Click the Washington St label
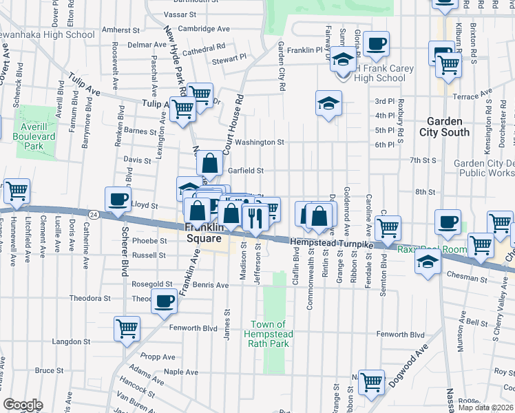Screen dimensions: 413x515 click(260, 142)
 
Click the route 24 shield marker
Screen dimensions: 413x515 click(94, 214)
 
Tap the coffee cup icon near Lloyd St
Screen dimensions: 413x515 click(118, 200)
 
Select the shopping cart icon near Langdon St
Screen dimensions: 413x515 click(127, 328)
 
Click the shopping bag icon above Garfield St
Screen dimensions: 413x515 click(209, 164)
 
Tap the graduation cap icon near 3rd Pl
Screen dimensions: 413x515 click(329, 104)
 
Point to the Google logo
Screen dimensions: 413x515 click(23, 405)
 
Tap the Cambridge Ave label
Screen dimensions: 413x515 click(203, 29)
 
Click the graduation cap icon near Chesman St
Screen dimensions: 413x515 click(429, 262)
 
